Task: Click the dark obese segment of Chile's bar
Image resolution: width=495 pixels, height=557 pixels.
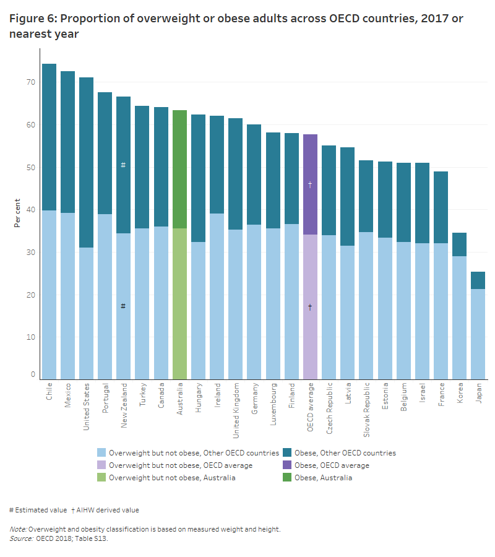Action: [x=49, y=136]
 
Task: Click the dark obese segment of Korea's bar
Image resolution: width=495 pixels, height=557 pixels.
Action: [x=459, y=244]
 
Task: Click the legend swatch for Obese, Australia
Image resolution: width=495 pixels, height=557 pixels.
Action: [x=288, y=477]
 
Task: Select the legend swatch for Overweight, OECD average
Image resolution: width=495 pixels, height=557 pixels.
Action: [x=101, y=465]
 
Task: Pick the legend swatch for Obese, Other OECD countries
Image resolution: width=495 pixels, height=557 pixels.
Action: [x=288, y=453]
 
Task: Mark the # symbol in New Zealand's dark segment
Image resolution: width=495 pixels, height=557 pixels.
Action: [x=123, y=165]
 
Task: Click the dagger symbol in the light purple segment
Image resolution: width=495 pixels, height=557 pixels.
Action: [x=310, y=307]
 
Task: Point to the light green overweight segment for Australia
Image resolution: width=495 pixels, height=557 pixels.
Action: [x=179, y=303]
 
